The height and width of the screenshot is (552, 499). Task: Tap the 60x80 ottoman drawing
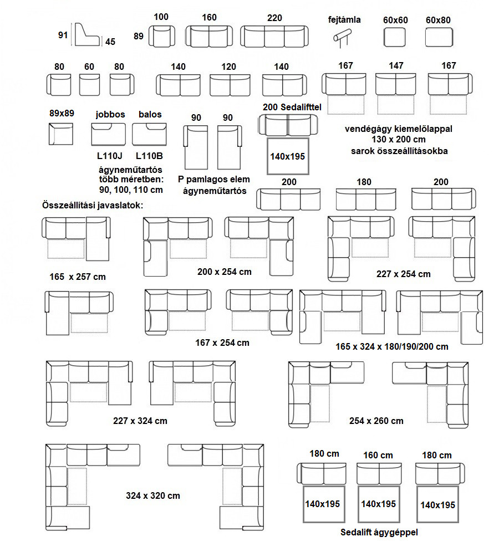coord(439,37)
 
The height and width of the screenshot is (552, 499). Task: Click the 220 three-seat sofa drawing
coord(274,36)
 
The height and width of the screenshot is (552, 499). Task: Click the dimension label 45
coord(110,42)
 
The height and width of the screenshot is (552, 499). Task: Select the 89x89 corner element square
coord(61,134)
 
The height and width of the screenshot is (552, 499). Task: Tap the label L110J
coord(109,156)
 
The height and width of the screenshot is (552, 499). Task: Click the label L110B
coord(150,156)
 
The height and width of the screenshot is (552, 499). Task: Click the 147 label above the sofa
coord(396,65)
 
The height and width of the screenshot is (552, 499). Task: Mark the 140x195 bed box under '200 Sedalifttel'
coord(287,156)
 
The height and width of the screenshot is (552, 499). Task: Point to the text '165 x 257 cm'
coord(77,276)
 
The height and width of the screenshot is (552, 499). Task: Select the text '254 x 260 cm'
coord(376,421)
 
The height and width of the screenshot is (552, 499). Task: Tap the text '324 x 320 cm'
coord(153,495)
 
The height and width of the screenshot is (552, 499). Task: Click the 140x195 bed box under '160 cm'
coord(379,504)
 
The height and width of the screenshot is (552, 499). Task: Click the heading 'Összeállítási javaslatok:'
coord(92,205)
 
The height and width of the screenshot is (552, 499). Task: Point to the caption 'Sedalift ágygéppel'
coord(379,533)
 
